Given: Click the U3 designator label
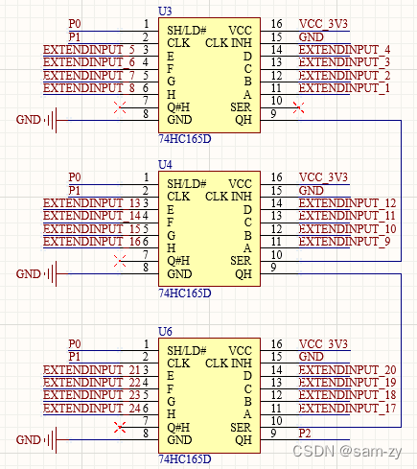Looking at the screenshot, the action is (165, 12).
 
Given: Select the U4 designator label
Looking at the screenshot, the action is (165, 165).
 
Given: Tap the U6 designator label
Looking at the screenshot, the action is (165, 332).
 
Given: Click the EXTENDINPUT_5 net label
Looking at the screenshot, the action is (89, 50).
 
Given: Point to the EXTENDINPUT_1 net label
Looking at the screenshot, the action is (344, 88).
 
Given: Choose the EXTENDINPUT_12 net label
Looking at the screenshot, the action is (347, 203).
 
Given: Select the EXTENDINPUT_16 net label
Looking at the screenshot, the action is (92, 242).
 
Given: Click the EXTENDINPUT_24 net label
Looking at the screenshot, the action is (92, 409).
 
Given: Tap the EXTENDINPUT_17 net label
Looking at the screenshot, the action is (347, 409).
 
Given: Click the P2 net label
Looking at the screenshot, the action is (305, 434).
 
